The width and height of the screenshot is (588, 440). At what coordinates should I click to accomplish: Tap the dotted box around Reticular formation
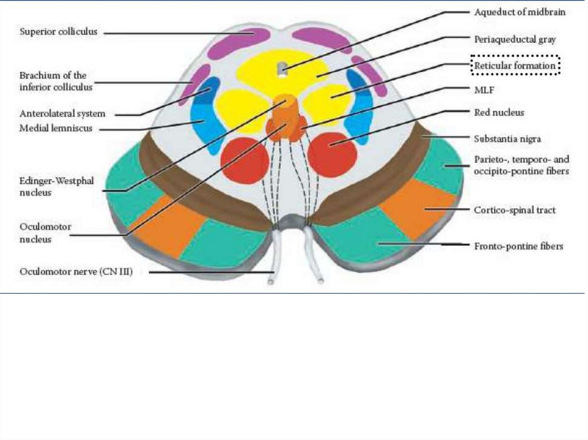515,67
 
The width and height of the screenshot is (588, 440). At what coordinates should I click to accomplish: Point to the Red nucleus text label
498,113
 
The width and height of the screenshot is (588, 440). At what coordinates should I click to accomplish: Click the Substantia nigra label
508,138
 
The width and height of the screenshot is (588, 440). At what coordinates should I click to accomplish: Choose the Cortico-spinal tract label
514,211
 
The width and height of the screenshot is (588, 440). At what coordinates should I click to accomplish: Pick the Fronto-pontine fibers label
519,247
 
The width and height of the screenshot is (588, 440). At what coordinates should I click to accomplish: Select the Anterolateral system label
62,114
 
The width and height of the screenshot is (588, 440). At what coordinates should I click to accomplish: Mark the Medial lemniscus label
56,129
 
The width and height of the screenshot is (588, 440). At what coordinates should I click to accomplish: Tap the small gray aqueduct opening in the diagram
281,69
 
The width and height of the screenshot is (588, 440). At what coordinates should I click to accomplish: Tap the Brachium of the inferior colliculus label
53,81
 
